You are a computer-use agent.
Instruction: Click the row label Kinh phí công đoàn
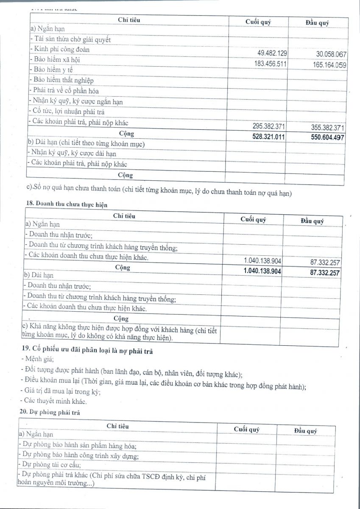tap(59, 49)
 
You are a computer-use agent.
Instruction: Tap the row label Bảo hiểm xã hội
tap(55, 59)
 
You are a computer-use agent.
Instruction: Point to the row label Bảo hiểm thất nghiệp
tap(61, 80)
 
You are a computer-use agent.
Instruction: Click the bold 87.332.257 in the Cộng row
tap(325, 273)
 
